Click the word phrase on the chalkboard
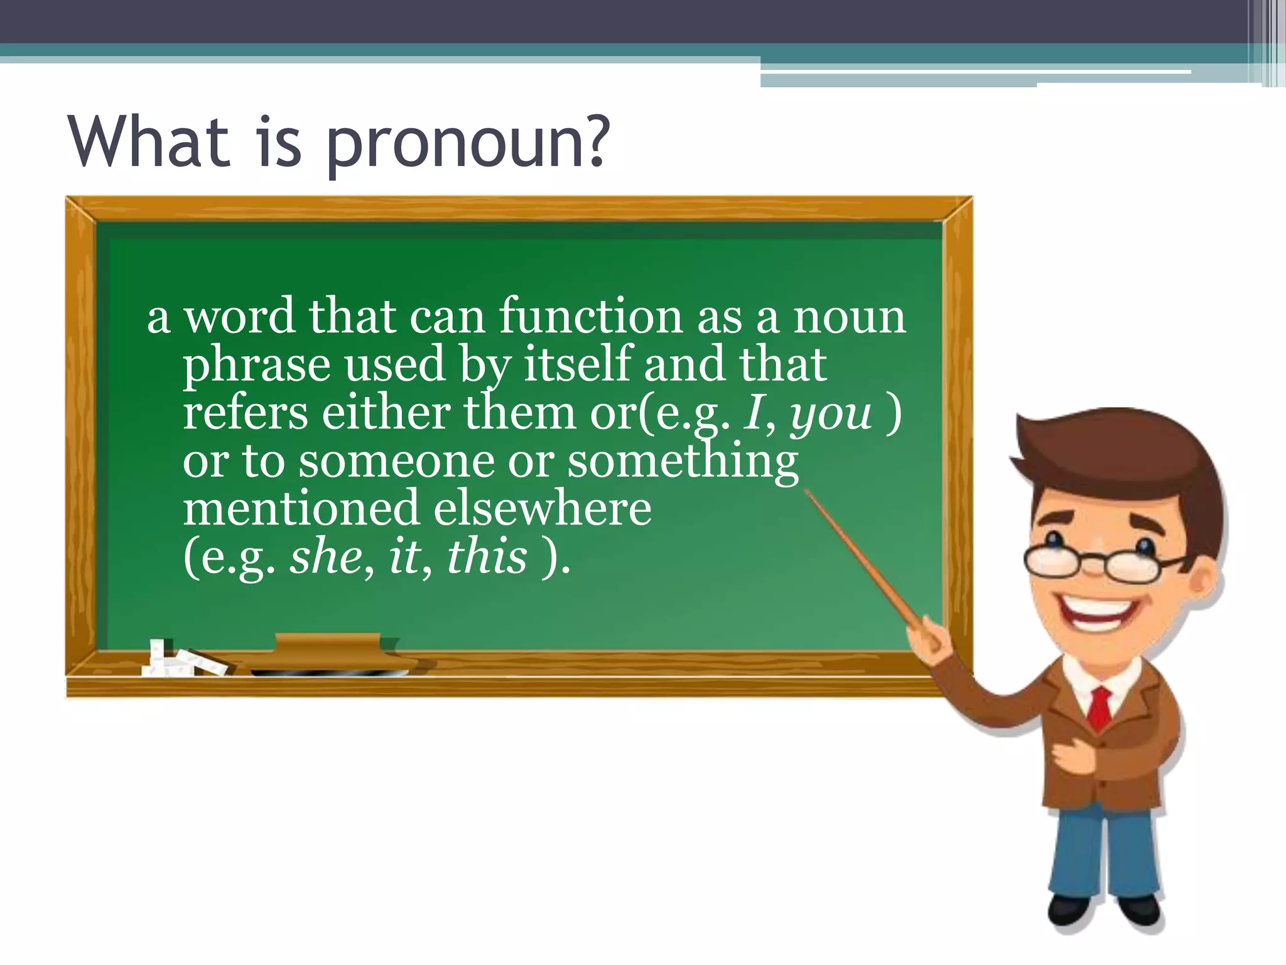tap(256, 366)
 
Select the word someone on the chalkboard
tap(396, 462)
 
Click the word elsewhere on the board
tap(542, 508)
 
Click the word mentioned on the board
tap(301, 508)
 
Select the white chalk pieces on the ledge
tap(182, 661)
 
